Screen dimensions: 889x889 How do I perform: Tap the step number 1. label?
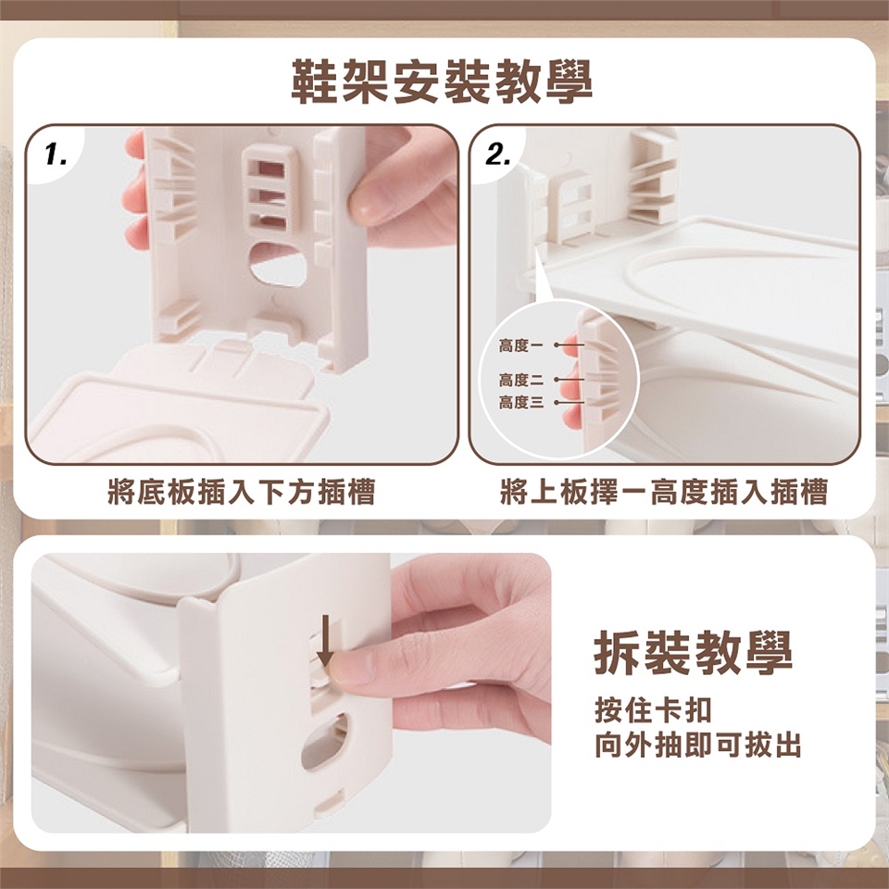(x=56, y=155)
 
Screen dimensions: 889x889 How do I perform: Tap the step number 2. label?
(x=498, y=155)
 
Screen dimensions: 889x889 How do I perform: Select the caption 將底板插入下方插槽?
(x=242, y=491)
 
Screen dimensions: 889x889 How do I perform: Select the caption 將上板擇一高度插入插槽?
(x=664, y=491)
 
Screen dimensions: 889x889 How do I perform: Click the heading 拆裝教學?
(x=693, y=653)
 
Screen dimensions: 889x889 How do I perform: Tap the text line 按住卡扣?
(x=653, y=710)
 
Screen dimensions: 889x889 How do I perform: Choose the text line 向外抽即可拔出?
(x=698, y=745)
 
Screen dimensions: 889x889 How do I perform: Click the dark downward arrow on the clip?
(x=325, y=641)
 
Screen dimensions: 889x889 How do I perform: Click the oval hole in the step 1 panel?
(x=277, y=265)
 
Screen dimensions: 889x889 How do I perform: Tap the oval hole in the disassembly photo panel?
(x=325, y=742)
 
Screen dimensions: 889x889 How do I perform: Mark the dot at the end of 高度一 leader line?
(x=557, y=344)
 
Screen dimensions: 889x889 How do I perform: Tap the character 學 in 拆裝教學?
(x=769, y=653)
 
